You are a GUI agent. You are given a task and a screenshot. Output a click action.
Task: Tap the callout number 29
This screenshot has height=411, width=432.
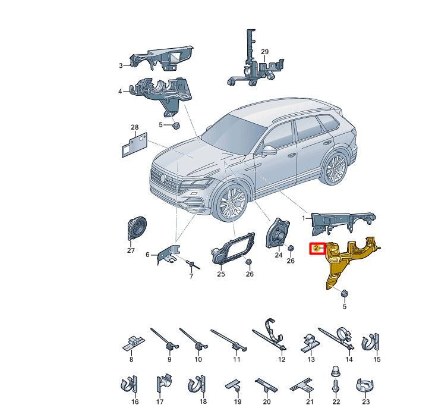(x=264, y=52)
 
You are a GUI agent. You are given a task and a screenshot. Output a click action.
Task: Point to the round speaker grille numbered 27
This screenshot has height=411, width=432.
(x=137, y=228)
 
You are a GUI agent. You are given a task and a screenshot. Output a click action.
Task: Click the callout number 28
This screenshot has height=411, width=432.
(x=134, y=127)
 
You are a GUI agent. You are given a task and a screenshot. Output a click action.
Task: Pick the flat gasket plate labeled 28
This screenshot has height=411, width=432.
(x=134, y=145)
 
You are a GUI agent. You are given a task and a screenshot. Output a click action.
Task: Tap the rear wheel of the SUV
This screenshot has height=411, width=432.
(x=336, y=168)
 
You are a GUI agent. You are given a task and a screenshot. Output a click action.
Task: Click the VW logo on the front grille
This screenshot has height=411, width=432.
(x=163, y=178)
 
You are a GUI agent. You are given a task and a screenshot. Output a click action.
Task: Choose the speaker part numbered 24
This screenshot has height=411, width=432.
(x=277, y=233)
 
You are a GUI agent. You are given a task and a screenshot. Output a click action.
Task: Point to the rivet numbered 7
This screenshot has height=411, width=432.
(x=193, y=264)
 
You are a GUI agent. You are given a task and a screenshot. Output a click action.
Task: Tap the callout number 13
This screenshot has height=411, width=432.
(x=311, y=359)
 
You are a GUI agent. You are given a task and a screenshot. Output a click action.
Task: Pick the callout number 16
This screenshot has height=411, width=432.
(x=135, y=401)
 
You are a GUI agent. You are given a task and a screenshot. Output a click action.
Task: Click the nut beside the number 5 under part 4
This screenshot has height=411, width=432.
(x=175, y=126)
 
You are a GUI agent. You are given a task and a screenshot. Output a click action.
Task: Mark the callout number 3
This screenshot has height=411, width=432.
(x=121, y=65)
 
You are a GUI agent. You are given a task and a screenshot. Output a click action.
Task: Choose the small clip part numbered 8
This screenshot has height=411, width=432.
(x=133, y=343)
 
